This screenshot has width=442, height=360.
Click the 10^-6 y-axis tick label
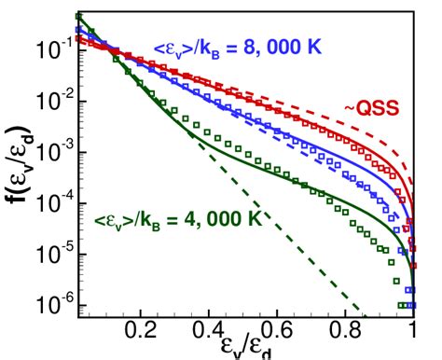point(49,304)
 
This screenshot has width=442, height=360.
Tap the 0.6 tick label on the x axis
point(279,330)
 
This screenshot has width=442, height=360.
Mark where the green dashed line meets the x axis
point(366,317)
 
